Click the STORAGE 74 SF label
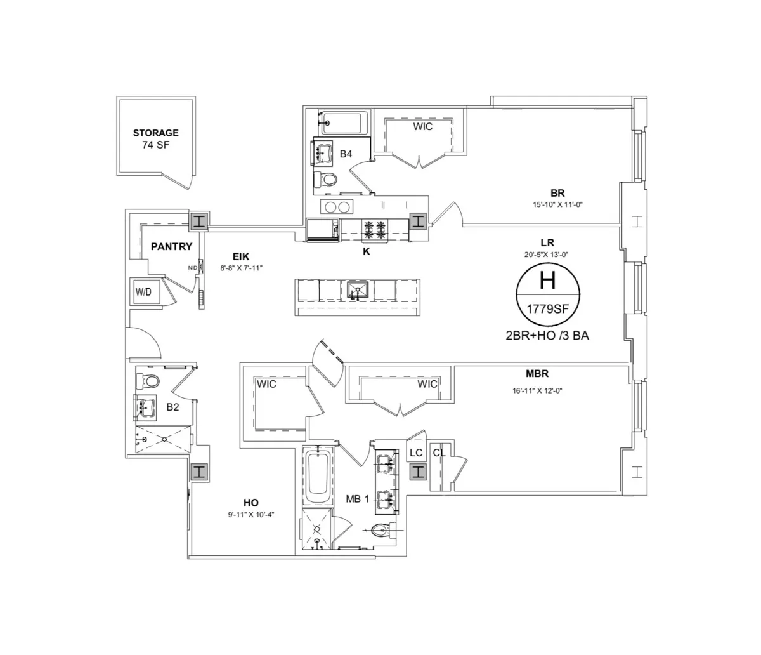coord(155,138)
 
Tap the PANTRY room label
coord(171,246)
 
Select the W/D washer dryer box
coord(143,292)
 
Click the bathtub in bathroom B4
coord(344,122)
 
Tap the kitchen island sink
coord(357,291)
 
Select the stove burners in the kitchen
coord(374,229)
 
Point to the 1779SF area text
coord(547,310)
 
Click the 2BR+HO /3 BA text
coord(547,336)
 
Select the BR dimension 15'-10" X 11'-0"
coord(557,205)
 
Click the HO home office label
coord(250,502)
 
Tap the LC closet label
coord(416,453)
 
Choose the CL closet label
coord(439,453)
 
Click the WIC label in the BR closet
coord(423,126)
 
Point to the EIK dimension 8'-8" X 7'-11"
coord(241,268)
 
